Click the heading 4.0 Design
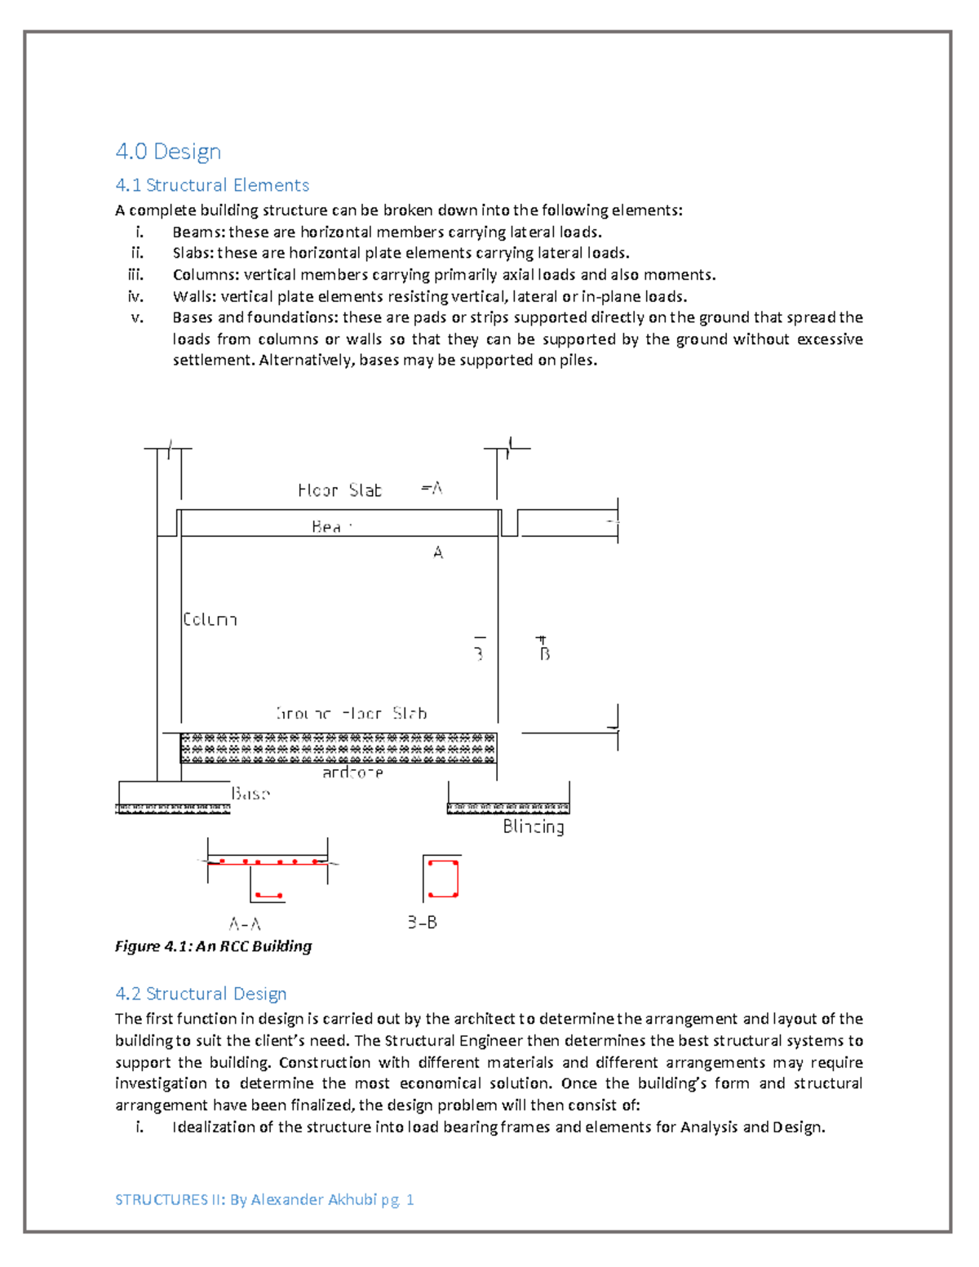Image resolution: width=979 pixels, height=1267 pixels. point(168,152)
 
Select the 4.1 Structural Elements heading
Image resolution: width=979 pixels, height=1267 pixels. point(212,185)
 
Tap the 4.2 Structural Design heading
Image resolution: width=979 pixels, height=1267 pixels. point(201,994)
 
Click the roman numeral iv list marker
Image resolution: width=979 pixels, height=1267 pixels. point(135,296)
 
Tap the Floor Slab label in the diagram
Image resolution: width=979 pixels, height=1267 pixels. point(339,490)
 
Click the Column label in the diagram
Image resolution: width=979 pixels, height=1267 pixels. point(210,620)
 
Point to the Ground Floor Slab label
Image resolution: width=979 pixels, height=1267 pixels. point(352,714)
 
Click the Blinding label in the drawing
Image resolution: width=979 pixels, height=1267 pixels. point(534,826)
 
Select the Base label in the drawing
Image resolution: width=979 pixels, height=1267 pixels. point(250,794)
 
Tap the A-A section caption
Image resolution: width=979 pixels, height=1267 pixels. point(245,924)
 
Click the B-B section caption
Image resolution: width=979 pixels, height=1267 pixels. point(423,923)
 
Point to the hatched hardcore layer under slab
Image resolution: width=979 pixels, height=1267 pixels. point(338,748)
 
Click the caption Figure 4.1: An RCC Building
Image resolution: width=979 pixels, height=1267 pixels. point(214,946)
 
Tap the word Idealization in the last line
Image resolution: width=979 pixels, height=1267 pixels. point(214,1127)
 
